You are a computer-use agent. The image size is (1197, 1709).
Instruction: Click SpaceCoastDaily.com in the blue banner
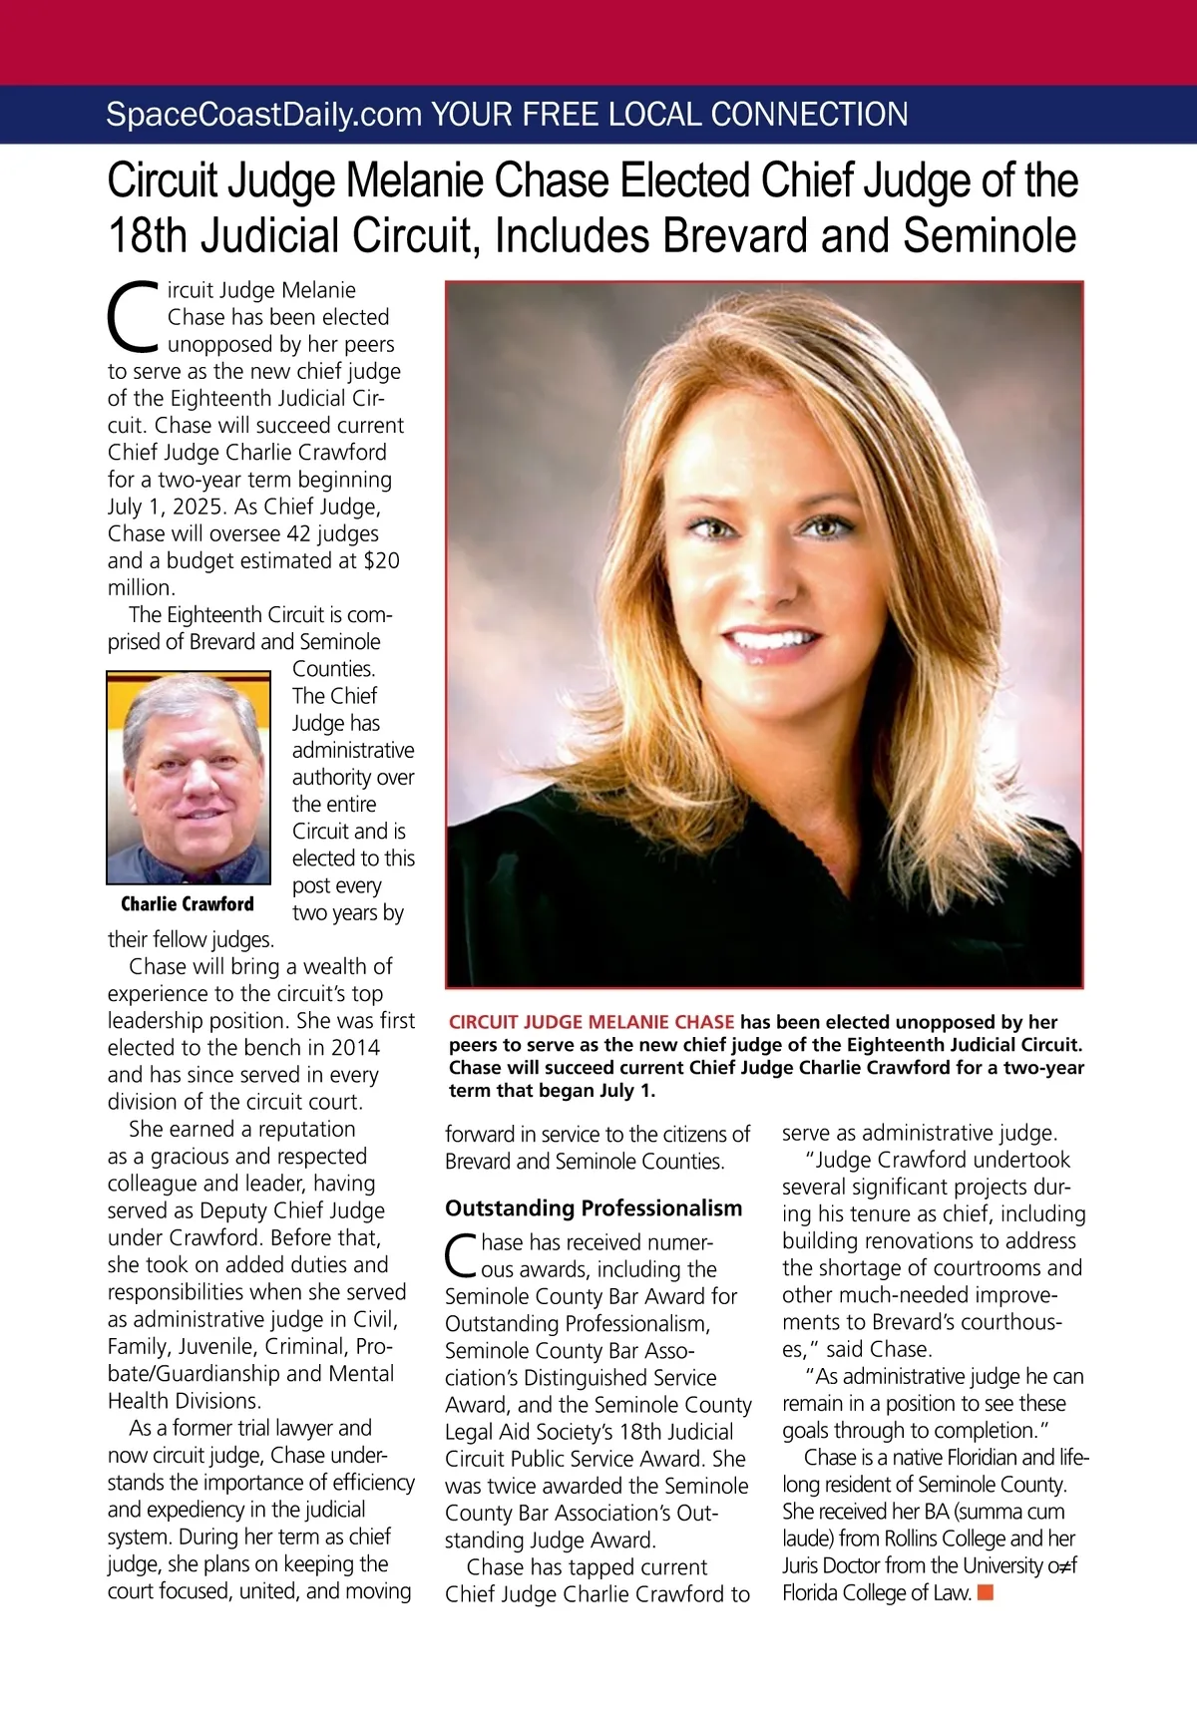pyautogui.click(x=263, y=115)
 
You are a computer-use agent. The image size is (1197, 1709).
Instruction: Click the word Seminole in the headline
pyautogui.click(x=990, y=236)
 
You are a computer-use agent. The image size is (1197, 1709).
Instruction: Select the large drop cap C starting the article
pyautogui.click(x=133, y=317)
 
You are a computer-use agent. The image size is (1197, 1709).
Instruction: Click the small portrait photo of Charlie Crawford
pyautogui.click(x=189, y=778)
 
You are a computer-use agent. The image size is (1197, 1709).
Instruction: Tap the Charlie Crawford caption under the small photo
pyautogui.click(x=188, y=904)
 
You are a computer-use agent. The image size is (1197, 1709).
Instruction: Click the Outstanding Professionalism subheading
pyautogui.click(x=594, y=1208)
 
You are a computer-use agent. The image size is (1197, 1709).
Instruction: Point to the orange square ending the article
pyautogui.click(x=986, y=1592)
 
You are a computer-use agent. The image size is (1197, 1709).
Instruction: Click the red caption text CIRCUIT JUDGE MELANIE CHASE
pyautogui.click(x=592, y=1022)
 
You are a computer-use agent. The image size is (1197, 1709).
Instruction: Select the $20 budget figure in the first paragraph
pyautogui.click(x=381, y=560)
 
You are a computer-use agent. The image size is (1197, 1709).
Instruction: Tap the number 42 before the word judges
pyautogui.click(x=298, y=533)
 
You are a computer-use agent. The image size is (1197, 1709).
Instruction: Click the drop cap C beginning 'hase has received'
pyautogui.click(x=461, y=1256)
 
